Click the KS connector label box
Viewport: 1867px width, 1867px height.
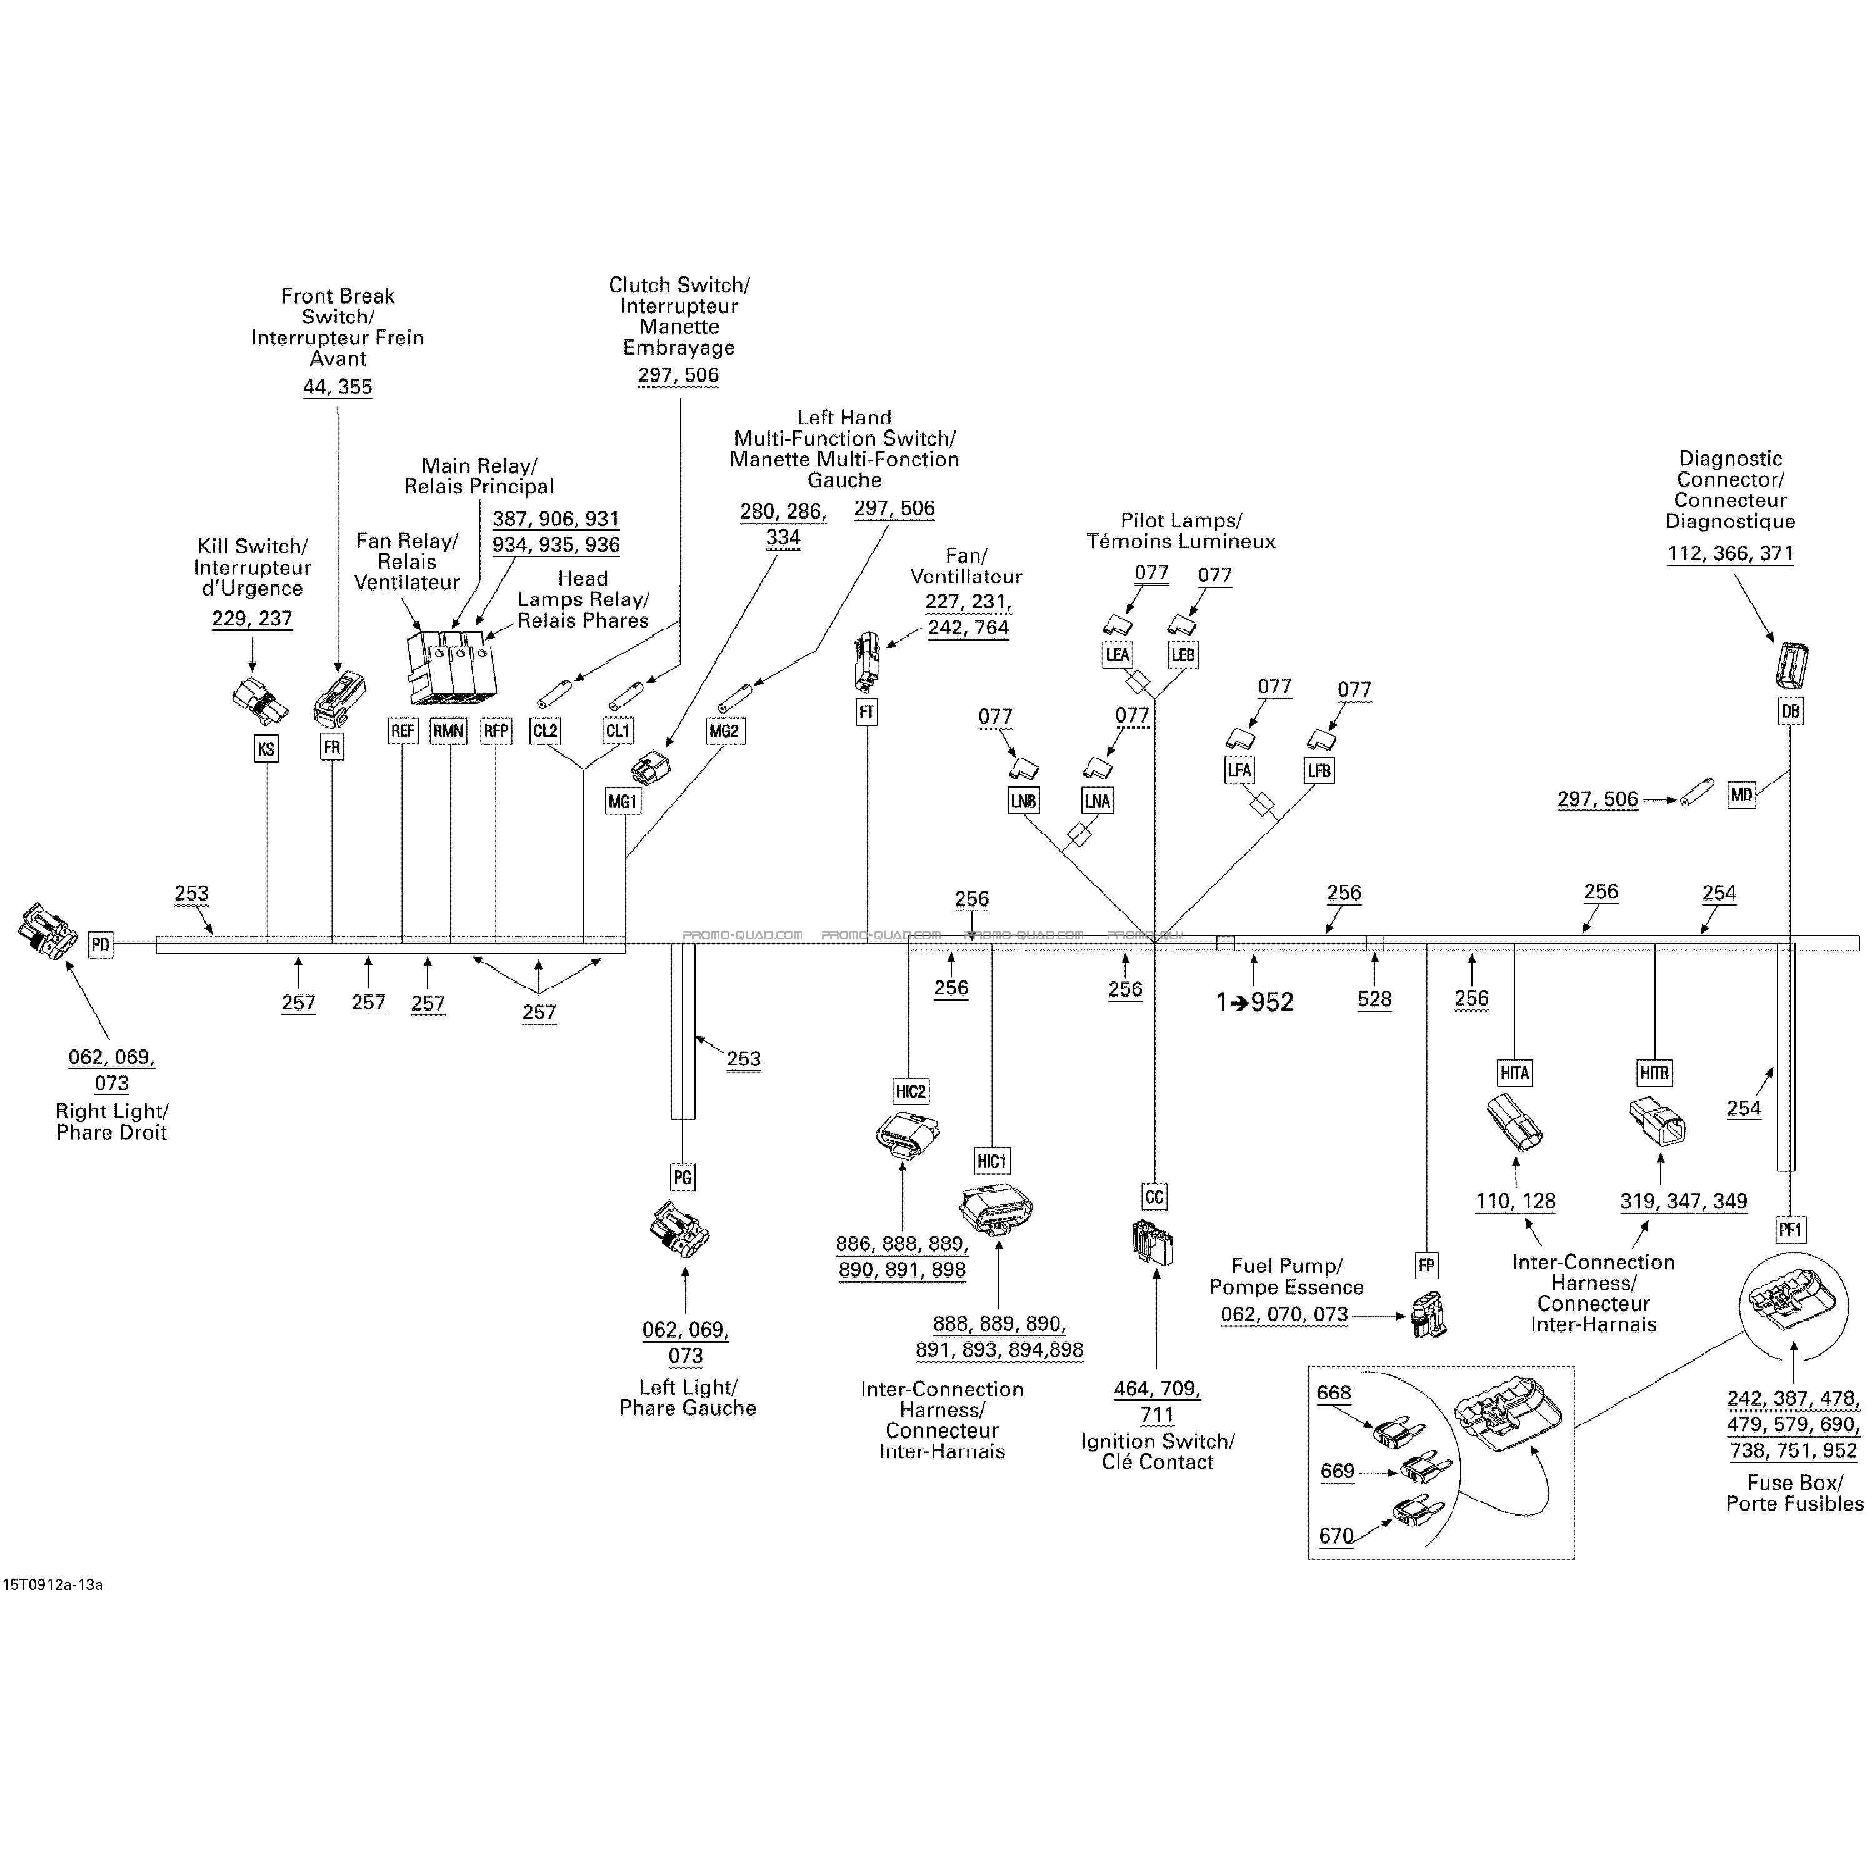[266, 748]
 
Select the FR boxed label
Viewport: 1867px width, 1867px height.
[331, 747]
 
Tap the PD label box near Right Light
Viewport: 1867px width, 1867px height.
[101, 944]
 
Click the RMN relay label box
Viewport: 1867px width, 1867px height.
[448, 731]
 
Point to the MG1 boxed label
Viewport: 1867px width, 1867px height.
[623, 801]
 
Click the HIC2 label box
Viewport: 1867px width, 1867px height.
[910, 1092]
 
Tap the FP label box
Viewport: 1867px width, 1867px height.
[1426, 1266]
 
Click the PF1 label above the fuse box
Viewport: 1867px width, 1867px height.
[1789, 1230]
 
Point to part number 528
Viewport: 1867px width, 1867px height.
[1374, 999]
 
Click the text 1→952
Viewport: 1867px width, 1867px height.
[1254, 1002]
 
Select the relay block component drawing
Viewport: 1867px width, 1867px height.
[453, 667]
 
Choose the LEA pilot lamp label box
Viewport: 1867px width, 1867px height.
[1117, 654]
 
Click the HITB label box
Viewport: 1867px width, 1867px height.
[1654, 1073]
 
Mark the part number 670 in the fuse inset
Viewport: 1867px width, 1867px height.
[1336, 1536]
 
